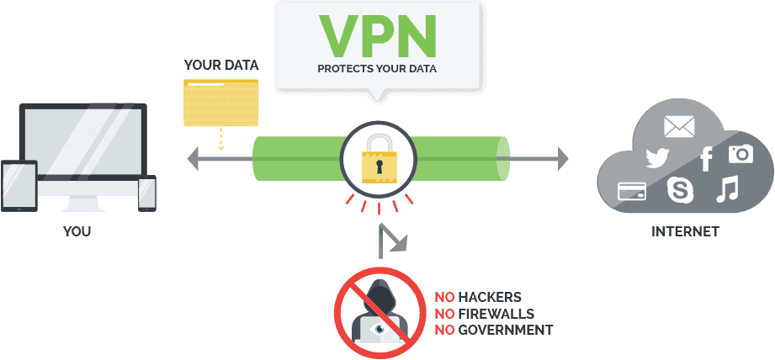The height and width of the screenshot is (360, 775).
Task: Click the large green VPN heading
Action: [x=378, y=36]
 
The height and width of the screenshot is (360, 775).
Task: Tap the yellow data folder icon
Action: [x=221, y=103]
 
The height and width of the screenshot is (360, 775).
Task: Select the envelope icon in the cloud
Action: [x=679, y=126]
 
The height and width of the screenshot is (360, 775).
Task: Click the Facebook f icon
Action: [x=707, y=159]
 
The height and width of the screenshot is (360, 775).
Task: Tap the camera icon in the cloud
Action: [x=740, y=154]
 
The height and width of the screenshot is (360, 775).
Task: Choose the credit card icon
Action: [x=632, y=191]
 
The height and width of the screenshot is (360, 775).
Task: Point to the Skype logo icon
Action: [x=680, y=189]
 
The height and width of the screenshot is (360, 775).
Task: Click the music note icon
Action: [x=727, y=188]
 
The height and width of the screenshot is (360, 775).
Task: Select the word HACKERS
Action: [x=489, y=297]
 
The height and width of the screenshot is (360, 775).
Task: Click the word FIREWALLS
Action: [x=496, y=314]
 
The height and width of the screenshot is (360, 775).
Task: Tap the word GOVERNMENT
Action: [x=506, y=330]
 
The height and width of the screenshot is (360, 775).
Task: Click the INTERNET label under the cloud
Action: [x=685, y=231]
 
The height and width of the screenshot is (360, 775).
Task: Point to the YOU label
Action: [x=77, y=231]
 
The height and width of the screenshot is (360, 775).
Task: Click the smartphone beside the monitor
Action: [x=146, y=193]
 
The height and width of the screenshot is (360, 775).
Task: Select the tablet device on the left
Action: [x=19, y=186]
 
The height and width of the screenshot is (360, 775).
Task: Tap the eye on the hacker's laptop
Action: [x=379, y=328]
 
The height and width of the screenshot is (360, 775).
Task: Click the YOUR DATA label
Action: [x=221, y=65]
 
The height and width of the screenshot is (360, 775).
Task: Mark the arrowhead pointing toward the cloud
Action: [x=563, y=158]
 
